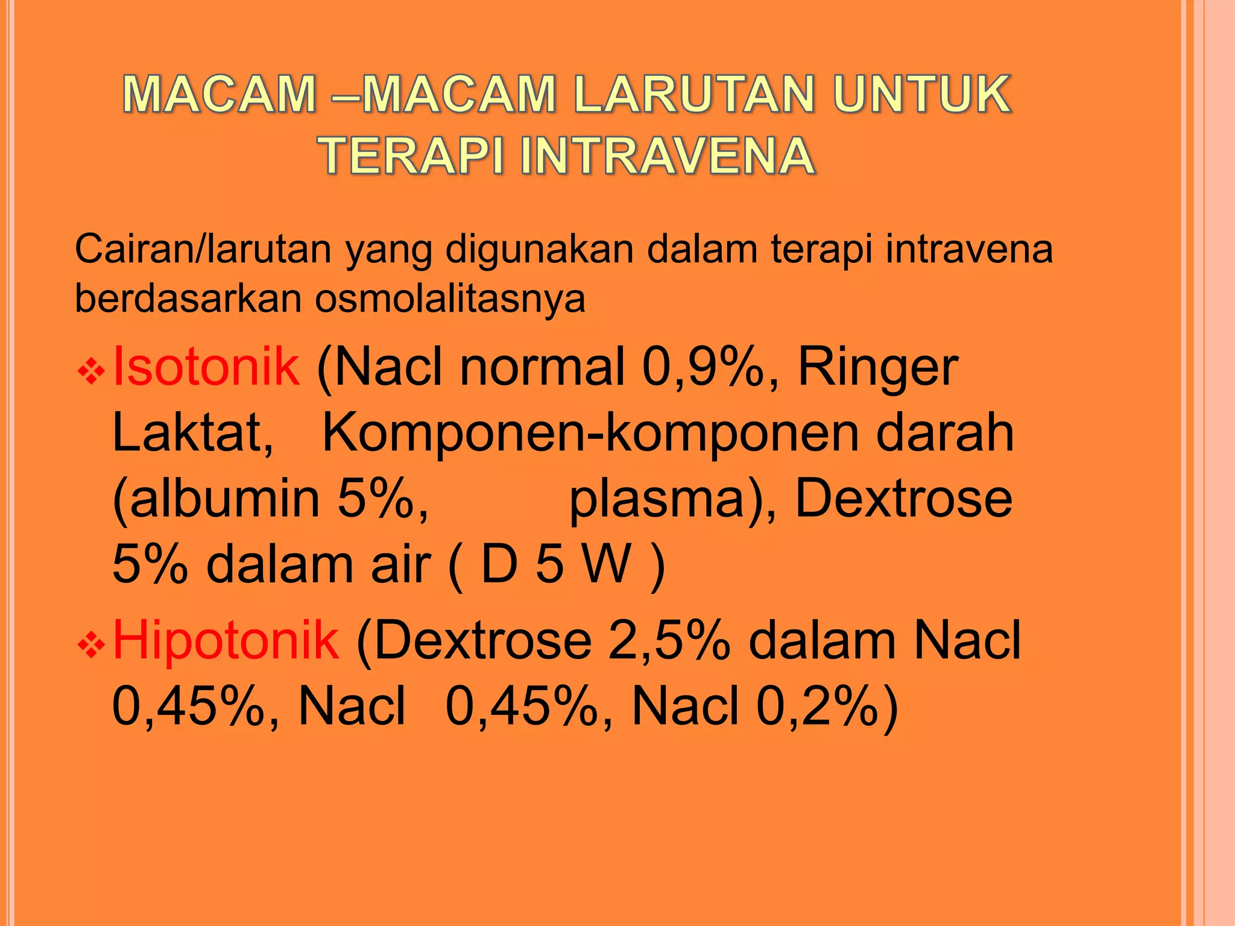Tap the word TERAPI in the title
click(x=412, y=156)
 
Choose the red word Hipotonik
click(x=226, y=640)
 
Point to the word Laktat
click(x=192, y=433)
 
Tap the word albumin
click(x=224, y=499)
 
